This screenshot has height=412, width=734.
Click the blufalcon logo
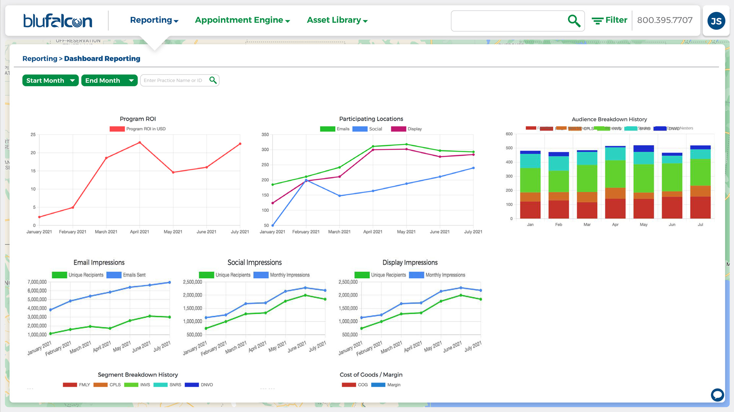pos(58,21)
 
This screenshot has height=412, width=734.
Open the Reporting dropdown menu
pos(154,20)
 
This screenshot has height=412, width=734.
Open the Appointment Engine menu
pos(242,20)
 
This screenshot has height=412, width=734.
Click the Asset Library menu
pos(337,20)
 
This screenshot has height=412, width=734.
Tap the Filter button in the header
pos(609,20)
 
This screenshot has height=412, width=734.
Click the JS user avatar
pos(716,21)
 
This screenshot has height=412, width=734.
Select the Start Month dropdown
pos(50,81)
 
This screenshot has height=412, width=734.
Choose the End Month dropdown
pos(109,81)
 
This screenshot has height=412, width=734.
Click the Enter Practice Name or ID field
pos(174,81)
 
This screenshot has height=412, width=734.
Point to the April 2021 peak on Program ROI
pos(140,142)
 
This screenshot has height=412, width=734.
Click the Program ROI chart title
pos(138,119)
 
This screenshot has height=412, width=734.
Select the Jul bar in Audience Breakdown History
pos(700,183)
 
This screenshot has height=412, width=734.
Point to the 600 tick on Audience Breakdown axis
pos(509,134)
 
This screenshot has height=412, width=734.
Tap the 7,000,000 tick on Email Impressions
pos(37,282)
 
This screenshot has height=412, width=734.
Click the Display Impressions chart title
pos(410,263)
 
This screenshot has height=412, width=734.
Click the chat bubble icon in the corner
pos(717,394)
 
